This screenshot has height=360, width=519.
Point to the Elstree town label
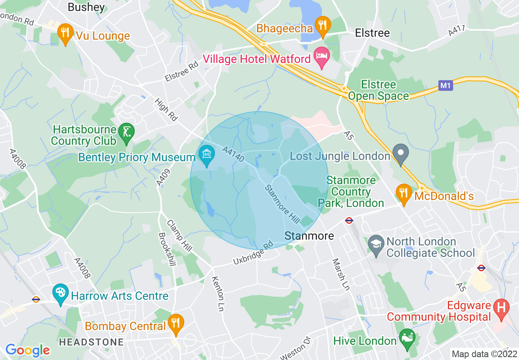pos(372,33)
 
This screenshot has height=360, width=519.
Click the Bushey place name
pos(86,7)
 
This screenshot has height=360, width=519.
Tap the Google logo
pos(27,350)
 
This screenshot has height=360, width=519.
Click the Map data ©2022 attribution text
pos(484,353)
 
